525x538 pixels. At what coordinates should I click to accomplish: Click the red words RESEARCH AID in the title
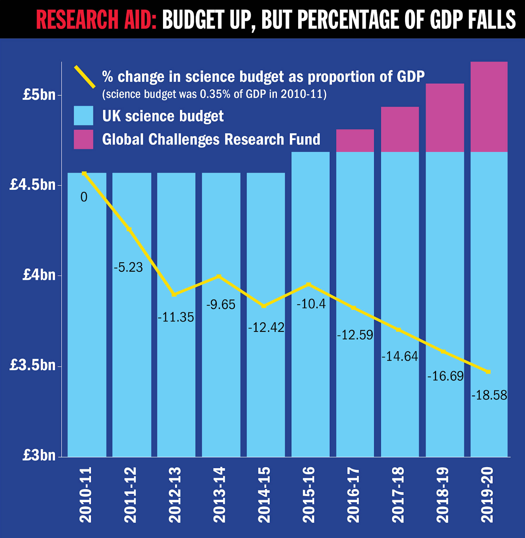(96, 20)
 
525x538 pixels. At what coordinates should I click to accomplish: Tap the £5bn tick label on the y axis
(39, 95)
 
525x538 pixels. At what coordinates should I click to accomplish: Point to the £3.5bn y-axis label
(33, 365)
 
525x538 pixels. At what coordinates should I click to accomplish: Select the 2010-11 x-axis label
(86, 495)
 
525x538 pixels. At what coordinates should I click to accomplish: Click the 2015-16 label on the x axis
(309, 495)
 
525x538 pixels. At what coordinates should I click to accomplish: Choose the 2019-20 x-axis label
(487, 495)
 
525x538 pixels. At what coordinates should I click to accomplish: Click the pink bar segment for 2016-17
(355, 141)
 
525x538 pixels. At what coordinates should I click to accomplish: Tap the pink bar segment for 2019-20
(489, 107)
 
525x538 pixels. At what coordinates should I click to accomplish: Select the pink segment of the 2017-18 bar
(400, 129)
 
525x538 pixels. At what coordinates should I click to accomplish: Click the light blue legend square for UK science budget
(83, 116)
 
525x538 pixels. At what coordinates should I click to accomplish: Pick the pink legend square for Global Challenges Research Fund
(83, 139)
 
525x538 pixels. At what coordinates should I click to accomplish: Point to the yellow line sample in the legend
(85, 77)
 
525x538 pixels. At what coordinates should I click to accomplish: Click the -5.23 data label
(128, 268)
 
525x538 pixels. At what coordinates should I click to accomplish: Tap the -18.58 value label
(489, 395)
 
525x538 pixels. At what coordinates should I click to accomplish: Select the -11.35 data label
(176, 317)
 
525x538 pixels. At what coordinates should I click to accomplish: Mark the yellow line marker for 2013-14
(219, 276)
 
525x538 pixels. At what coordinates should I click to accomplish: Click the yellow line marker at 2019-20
(488, 372)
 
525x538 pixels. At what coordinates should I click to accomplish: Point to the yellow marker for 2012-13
(174, 295)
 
